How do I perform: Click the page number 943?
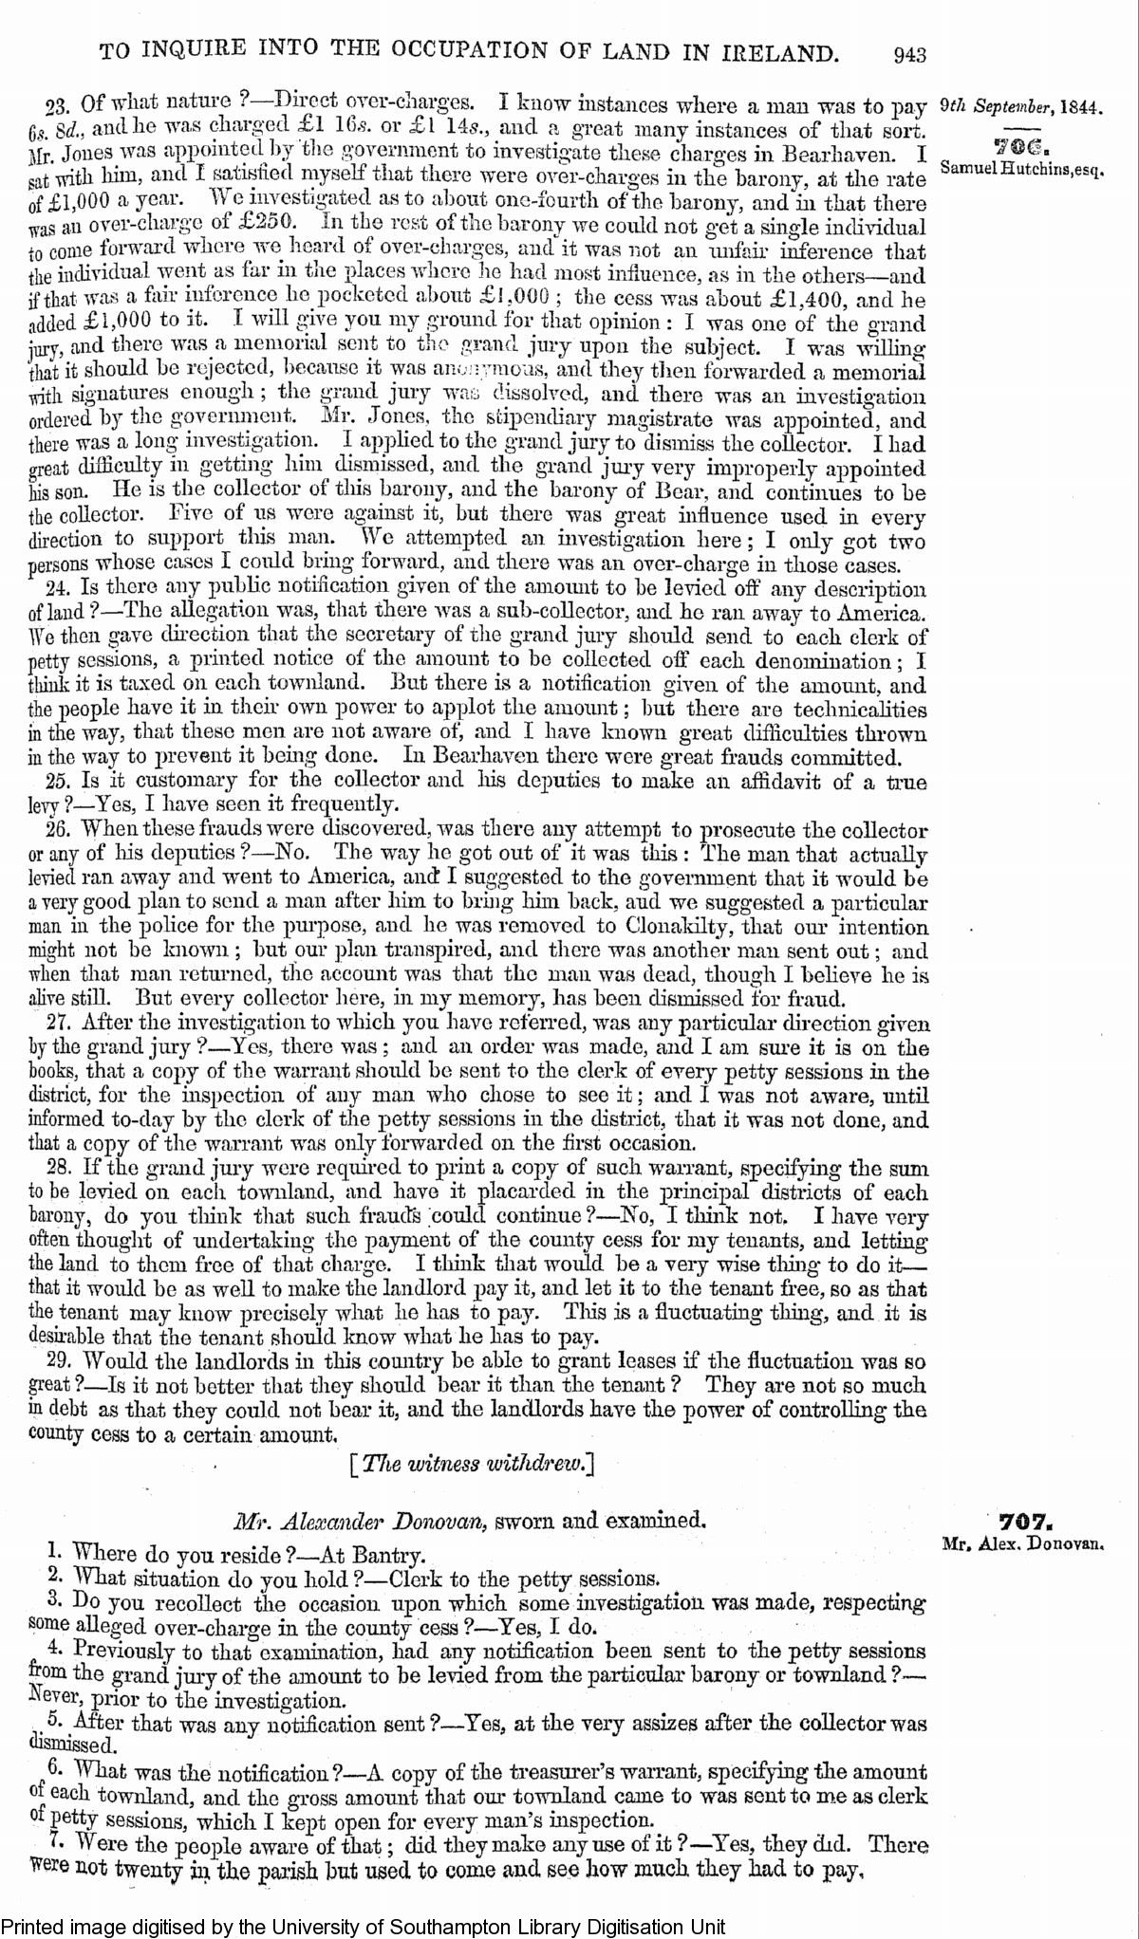coord(908,54)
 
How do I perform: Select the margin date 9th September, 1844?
coord(1020,107)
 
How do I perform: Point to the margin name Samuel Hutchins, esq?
coord(1021,169)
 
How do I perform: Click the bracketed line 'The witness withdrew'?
coord(472,1463)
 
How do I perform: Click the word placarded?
coord(516,1192)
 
